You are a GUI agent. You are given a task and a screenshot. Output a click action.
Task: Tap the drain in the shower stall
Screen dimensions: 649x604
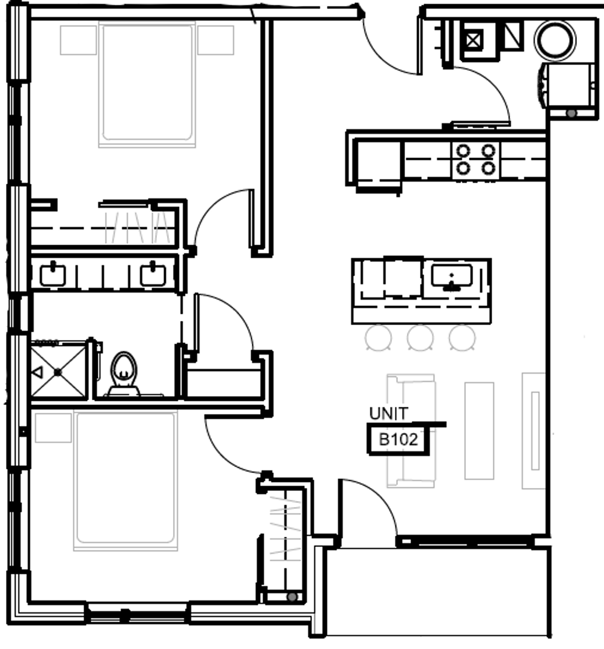[x=58, y=373]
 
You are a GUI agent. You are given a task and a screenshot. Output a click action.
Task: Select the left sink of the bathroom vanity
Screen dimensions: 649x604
[x=52, y=275]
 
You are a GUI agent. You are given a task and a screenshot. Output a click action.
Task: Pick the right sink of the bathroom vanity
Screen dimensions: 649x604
[x=153, y=275]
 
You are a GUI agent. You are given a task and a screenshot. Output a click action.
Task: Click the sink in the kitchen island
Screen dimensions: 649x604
[x=451, y=277]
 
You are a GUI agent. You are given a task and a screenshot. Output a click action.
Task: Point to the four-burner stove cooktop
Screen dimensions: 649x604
[x=475, y=159]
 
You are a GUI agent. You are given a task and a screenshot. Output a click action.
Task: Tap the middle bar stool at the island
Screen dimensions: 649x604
[x=420, y=338]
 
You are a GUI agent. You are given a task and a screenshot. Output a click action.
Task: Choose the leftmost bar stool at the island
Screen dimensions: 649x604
[x=379, y=338]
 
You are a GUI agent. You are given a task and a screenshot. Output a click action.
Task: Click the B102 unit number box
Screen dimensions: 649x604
[x=398, y=439]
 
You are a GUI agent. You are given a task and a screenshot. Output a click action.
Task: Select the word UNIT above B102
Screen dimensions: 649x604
[x=389, y=413]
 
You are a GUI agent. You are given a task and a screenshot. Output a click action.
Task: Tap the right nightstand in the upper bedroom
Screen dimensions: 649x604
[x=215, y=40]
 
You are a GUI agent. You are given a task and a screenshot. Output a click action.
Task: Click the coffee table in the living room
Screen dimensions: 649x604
[x=479, y=430]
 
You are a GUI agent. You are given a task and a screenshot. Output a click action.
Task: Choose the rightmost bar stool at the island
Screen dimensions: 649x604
[x=462, y=338]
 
